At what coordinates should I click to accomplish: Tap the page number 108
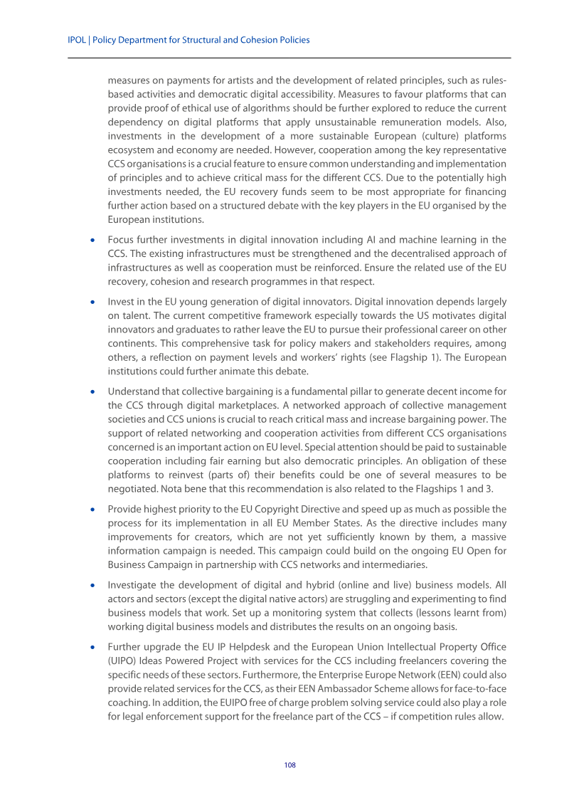(x=289, y=765)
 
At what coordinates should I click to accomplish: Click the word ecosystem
(x=129, y=150)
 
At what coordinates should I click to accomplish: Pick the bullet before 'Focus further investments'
(x=92, y=240)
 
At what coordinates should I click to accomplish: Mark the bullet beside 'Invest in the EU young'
(x=92, y=301)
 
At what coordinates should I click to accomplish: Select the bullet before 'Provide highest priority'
(x=92, y=510)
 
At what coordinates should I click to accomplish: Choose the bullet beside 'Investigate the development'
(x=92, y=585)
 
